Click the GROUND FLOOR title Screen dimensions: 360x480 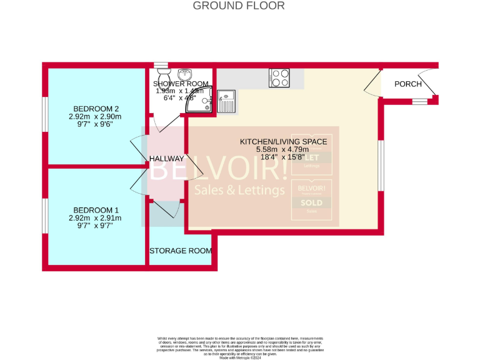point(238,6)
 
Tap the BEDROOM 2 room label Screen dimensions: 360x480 point(95,107)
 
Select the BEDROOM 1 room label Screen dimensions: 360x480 point(95,209)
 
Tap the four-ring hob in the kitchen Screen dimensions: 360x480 point(279,78)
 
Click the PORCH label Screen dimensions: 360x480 point(407,84)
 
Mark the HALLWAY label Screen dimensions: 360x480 point(166,159)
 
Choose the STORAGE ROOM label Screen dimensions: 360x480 point(180,251)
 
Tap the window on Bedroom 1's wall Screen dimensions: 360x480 point(44,216)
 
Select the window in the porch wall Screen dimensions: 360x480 point(419,101)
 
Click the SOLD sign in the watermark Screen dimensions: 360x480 point(312,203)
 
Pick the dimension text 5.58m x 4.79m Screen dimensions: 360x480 point(283,150)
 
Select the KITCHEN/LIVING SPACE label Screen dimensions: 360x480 point(283,142)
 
